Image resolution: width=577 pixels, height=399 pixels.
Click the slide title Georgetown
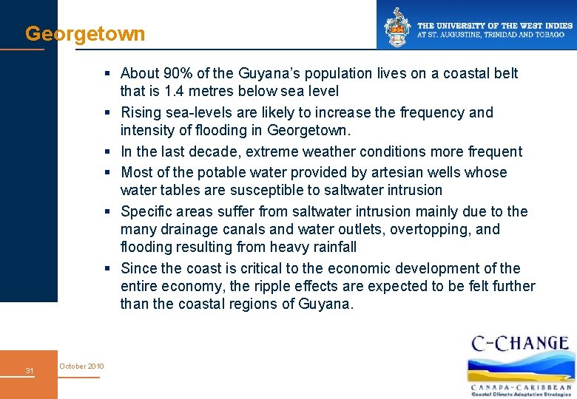click(85, 34)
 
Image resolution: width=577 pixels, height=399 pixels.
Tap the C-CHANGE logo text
click(519, 344)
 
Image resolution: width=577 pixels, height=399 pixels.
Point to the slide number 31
click(29, 370)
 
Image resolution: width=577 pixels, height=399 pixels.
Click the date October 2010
click(81, 366)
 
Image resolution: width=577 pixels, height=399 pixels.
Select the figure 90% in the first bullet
click(178, 73)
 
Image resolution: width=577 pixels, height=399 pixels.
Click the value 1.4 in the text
click(174, 92)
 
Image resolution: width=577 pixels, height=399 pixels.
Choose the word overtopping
click(421, 229)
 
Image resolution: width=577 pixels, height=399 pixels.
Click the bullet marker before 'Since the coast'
click(108, 268)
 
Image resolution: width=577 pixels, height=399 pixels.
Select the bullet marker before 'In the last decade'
click(108, 151)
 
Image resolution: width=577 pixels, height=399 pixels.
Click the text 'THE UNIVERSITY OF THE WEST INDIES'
click(495, 26)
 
